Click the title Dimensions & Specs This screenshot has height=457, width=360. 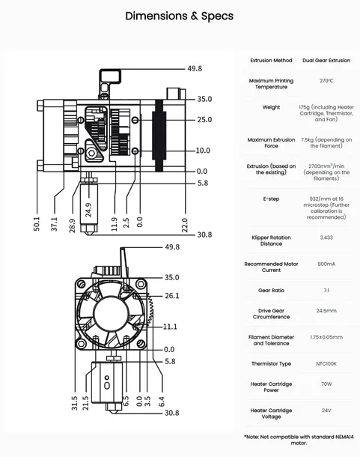pyautogui.click(x=179, y=15)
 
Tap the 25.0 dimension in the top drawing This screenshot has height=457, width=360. pyautogui.click(x=204, y=120)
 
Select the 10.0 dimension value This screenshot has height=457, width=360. pyautogui.click(x=204, y=151)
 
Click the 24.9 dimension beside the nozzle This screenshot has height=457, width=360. pyautogui.click(x=88, y=211)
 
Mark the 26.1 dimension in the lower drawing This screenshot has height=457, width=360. pyautogui.click(x=172, y=296)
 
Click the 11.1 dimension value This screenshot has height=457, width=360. pyautogui.click(x=170, y=327)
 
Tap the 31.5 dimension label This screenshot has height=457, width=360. pyautogui.click(x=74, y=403)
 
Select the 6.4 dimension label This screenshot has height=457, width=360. pyautogui.click(x=162, y=403)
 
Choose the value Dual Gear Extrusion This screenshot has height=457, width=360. pyautogui.click(x=326, y=60)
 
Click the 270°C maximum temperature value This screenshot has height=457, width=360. pyautogui.click(x=326, y=80)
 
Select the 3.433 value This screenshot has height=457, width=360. pyautogui.click(x=326, y=237)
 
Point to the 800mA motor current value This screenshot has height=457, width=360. pyautogui.click(x=326, y=264)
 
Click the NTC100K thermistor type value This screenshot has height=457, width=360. pyautogui.click(x=326, y=363)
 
